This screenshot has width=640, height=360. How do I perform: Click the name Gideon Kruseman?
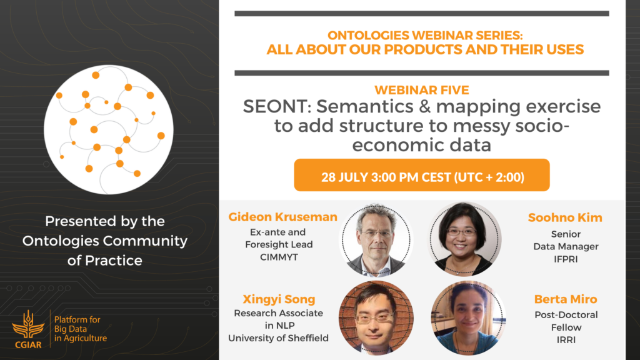coord(283,217)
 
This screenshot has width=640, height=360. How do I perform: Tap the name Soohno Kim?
coord(565,217)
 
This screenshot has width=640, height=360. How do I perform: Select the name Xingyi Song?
coord(279,299)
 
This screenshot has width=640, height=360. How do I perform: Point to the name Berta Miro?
coord(566,299)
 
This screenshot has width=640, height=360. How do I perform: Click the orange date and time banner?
coord(422,175)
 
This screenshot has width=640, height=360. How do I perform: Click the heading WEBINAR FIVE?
coord(422,90)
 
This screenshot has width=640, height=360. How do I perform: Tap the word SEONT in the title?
coord(277,106)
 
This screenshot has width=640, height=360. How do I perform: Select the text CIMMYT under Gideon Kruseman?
coord(279,257)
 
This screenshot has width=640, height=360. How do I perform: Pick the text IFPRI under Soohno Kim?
coord(566,259)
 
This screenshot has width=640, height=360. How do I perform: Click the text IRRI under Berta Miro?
coord(566,340)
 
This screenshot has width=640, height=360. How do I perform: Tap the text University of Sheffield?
coord(278,338)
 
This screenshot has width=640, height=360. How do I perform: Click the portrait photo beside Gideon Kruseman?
coord(376,239)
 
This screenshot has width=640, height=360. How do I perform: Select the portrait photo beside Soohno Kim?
coord(464,239)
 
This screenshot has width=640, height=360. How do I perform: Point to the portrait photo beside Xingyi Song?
coord(376,317)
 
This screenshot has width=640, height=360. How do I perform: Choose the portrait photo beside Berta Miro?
coord(468,317)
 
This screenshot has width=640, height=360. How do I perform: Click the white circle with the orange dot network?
coord(109,129)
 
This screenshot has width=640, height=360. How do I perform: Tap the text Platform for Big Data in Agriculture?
coord(81,329)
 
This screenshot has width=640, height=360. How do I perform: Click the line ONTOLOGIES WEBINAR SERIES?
coord(425,36)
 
